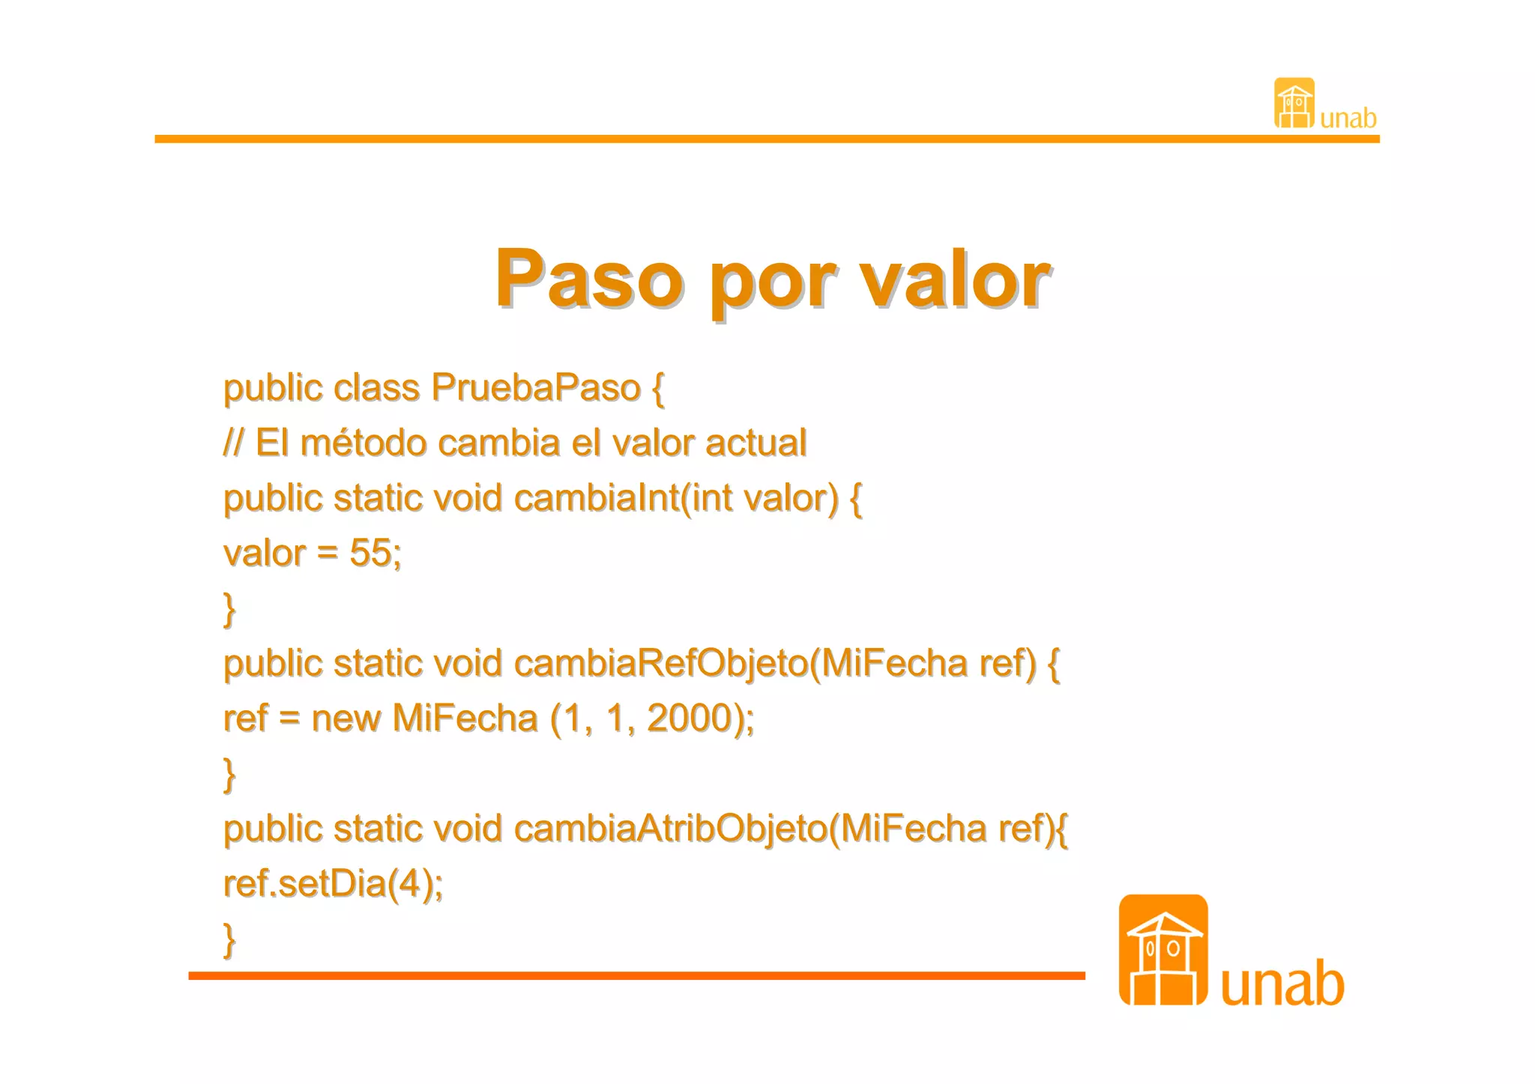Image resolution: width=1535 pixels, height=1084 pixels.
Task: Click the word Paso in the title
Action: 588,279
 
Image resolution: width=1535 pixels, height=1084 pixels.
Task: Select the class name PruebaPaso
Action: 535,388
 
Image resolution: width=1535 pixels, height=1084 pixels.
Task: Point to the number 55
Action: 370,554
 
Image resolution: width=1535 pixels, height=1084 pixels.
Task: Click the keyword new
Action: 346,718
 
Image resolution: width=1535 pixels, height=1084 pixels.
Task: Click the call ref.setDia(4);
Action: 334,884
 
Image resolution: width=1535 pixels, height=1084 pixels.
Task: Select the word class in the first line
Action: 376,388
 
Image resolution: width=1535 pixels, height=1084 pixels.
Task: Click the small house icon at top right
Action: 1294,103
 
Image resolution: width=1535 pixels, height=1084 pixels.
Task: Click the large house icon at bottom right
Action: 1162,950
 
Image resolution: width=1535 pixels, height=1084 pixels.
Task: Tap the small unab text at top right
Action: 1348,118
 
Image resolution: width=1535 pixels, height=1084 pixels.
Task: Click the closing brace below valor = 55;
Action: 229,609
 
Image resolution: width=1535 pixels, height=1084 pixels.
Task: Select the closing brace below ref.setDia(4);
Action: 229,940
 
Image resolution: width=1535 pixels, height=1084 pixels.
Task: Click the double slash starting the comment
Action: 233,443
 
